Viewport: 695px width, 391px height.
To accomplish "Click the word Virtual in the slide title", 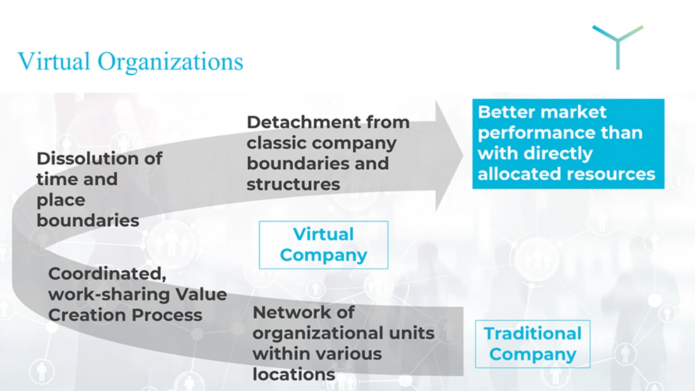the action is coord(54,61).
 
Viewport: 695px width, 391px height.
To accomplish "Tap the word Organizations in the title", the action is coord(170,62).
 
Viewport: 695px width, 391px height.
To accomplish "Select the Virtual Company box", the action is coord(323,245).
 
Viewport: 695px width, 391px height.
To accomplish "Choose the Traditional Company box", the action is coord(533,344).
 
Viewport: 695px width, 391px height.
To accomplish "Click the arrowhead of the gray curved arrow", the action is coord(449,155).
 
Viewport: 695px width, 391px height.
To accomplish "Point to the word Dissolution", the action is coord(77,159).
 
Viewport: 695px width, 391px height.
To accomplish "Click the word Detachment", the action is coord(299,122).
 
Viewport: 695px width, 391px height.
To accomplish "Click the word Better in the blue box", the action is coord(505,112).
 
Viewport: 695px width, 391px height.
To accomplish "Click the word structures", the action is coord(293,184).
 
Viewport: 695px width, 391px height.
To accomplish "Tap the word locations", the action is coord(294,374).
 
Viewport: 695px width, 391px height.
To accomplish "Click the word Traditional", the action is coord(533,334).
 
